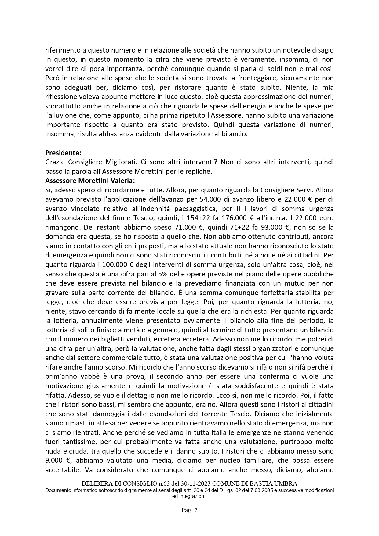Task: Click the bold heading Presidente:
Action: pyautogui.click(x=63, y=152)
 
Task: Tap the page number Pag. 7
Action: pyautogui.click(x=189, y=510)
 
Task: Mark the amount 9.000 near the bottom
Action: pyautogui.click(x=54, y=460)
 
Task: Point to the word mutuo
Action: pyautogui.click(x=295, y=283)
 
